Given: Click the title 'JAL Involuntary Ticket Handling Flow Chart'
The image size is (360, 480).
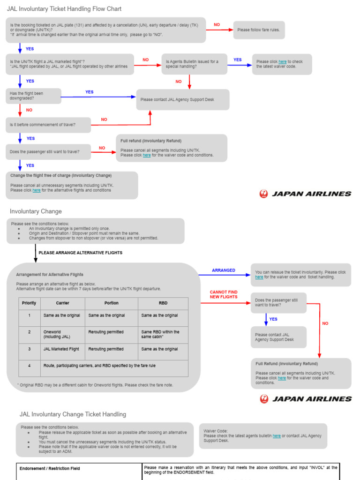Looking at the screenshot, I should [64, 9].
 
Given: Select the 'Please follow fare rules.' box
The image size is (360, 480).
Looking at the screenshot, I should [259, 30].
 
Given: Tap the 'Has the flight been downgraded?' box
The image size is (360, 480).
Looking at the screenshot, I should [33, 96].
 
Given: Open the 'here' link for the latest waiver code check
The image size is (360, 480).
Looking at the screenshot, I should [282, 61].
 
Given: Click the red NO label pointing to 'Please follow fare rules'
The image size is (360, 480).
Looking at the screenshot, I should [217, 24].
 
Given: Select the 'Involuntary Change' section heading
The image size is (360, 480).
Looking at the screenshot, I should [36, 211].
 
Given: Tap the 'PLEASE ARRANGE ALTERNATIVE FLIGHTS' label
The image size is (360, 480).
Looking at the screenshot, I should [80, 253].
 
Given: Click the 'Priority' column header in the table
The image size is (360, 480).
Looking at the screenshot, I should [29, 303].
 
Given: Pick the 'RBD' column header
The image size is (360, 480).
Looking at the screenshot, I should [163, 303].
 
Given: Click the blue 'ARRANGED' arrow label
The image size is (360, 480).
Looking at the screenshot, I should [224, 270].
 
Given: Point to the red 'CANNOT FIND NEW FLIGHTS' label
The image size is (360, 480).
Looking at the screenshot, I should [224, 294].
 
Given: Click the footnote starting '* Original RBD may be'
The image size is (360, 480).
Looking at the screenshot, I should [94, 385].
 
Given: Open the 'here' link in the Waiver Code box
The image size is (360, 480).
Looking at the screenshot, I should [277, 436].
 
